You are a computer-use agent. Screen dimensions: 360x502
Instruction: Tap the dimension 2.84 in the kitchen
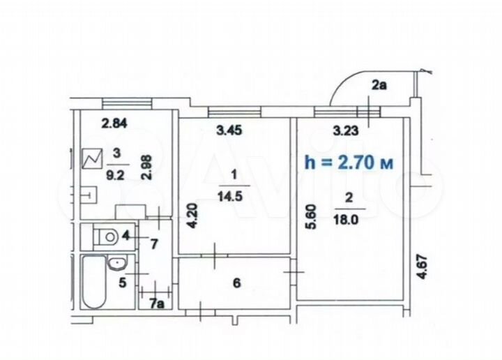tap(114, 125)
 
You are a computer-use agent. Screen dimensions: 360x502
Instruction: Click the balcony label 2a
tap(379, 86)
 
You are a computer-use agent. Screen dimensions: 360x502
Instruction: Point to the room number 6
tap(236, 283)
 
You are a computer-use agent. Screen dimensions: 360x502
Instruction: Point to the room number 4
tap(125, 236)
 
